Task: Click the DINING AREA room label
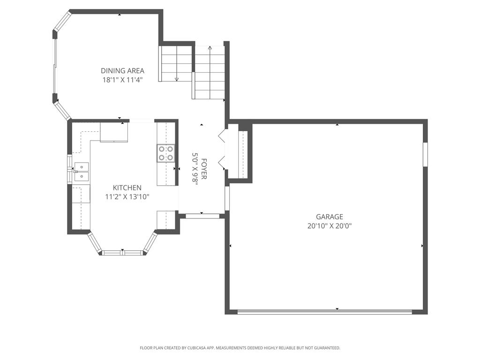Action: pos(122,71)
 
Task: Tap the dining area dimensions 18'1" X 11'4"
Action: pos(122,80)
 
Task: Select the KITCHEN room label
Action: pos(127,187)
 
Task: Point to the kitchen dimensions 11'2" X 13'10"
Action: pos(127,197)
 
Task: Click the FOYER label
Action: pos(204,169)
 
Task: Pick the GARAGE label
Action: pos(329,217)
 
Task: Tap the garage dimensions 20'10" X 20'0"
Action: pos(329,225)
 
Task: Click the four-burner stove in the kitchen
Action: pos(166,153)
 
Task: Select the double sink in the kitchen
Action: pos(81,172)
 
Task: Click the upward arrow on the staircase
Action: pos(210,48)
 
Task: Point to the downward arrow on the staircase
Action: pos(177,78)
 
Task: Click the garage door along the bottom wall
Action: pos(324,311)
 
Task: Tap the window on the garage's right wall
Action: pos(425,154)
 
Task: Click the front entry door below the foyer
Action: pos(202,216)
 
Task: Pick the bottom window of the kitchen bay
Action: pos(122,253)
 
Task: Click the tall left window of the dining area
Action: pos(55,66)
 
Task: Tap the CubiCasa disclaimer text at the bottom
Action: pos(240,348)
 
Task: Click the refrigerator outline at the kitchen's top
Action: pos(114,132)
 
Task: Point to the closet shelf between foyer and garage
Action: pos(242,154)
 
